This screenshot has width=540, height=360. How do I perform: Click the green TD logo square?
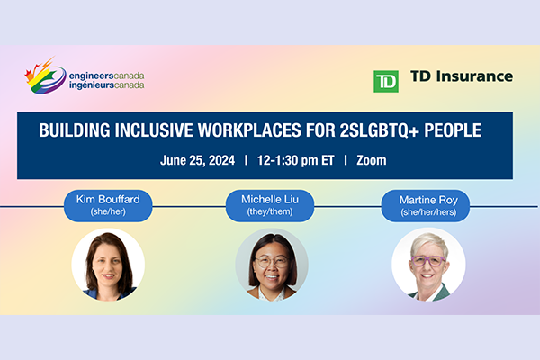point(386,82)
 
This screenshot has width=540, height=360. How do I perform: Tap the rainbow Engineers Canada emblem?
point(45,76)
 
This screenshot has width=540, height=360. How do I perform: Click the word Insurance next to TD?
point(474,76)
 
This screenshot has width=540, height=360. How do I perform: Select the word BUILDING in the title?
point(75,130)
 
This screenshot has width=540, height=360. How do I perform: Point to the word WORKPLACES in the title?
point(249,130)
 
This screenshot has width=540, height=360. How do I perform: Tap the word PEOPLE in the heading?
point(453,130)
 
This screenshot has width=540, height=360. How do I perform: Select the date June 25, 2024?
point(197,160)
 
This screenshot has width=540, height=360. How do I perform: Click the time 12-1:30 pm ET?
point(296,160)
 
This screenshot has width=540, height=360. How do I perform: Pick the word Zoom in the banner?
point(372,160)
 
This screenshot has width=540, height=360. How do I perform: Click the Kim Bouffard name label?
point(108,206)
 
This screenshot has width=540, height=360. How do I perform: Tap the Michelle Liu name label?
point(270,206)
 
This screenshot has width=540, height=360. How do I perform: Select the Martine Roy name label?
point(426,206)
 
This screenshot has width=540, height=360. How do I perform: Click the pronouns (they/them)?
point(270,211)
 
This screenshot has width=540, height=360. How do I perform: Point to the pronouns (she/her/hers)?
point(428,212)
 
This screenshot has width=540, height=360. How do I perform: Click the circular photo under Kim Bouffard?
point(108,265)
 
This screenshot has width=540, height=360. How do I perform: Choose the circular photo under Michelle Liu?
point(272,265)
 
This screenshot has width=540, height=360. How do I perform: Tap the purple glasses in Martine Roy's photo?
point(428,261)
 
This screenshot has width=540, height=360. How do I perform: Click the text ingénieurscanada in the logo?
point(106,85)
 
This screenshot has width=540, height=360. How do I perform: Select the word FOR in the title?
point(320,130)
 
